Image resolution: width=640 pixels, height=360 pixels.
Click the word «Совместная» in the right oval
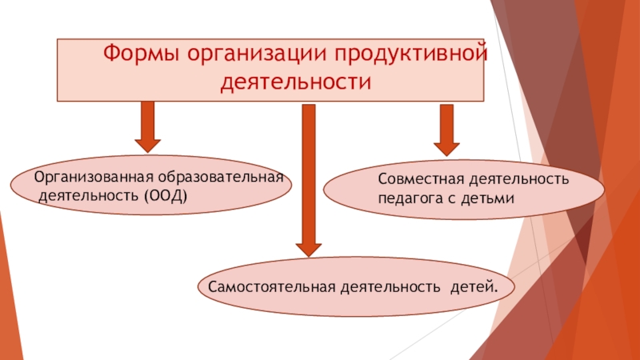click(x=413, y=181)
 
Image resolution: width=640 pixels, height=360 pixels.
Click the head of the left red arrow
click(x=147, y=143)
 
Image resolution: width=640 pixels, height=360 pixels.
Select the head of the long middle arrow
click(x=308, y=248)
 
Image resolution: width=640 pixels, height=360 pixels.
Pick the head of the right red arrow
click(x=446, y=146)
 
